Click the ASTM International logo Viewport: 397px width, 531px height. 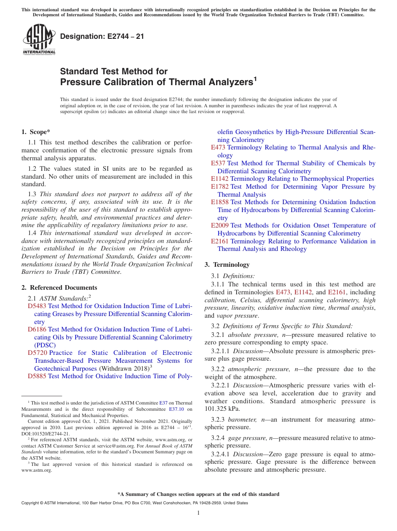pos(39,39)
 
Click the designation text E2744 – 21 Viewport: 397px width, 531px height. pos(102,36)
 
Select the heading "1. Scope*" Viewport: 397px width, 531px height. pos(36,132)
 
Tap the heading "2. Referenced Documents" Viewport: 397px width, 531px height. pos(59,288)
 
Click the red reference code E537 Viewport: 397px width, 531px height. pos(218,163)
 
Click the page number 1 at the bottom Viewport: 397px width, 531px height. pos(198,513)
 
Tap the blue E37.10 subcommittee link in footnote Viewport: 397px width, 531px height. pos(176,410)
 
